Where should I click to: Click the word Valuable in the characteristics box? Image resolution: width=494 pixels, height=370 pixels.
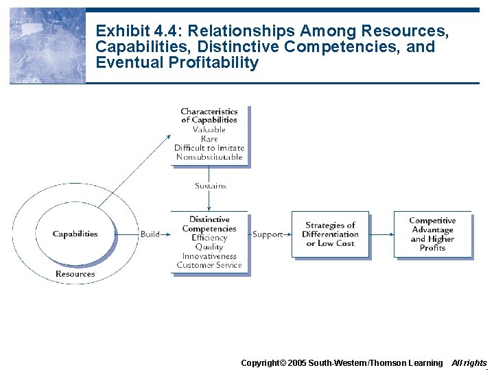[x=209, y=129]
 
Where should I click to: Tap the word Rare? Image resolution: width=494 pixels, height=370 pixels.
[x=209, y=139]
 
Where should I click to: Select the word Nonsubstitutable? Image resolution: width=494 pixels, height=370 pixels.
[x=209, y=157]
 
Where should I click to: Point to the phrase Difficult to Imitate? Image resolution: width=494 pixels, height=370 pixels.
[x=209, y=148]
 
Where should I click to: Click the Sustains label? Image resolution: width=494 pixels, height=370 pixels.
[x=210, y=186]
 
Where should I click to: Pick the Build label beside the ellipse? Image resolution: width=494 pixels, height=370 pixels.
[x=150, y=234]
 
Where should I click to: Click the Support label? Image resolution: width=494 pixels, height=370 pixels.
[x=268, y=234]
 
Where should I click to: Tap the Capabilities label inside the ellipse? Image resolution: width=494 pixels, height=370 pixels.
[x=75, y=234]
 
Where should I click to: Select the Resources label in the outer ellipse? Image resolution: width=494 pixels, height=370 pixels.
[x=75, y=274]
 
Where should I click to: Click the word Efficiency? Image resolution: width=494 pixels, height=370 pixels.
[x=209, y=238]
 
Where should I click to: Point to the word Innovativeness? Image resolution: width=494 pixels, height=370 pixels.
[x=209, y=256]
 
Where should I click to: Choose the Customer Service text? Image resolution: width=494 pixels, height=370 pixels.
[x=209, y=265]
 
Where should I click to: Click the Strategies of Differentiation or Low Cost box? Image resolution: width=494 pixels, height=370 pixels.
[x=330, y=234]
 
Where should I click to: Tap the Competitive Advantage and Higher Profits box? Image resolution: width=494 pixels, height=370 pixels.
[x=432, y=234]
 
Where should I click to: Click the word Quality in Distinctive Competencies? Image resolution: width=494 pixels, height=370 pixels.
[x=209, y=247]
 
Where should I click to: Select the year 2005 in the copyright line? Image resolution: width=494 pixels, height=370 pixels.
[x=296, y=362]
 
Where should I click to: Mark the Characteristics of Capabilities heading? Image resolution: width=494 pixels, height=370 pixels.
[x=209, y=115]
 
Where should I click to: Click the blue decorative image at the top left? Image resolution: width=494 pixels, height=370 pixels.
[x=47, y=46]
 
